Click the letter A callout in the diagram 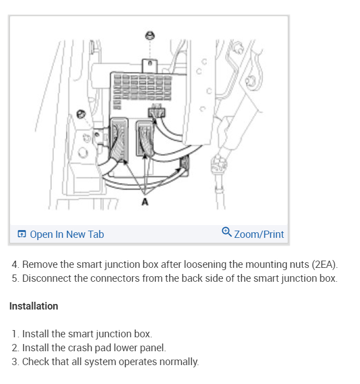click(145, 202)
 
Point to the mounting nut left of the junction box click(81, 115)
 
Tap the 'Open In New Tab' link click(67, 235)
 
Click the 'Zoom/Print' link click(259, 235)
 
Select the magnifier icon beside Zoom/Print click(227, 232)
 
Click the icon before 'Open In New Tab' click(22, 235)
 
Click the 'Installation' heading click(34, 306)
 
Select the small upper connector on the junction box click(157, 113)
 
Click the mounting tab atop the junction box click(150, 66)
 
